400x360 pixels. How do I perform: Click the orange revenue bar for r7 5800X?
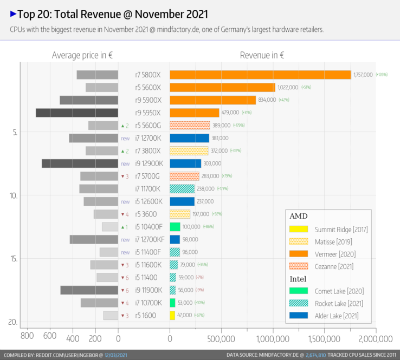pos(260,75)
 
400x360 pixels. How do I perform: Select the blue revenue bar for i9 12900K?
pos(185,163)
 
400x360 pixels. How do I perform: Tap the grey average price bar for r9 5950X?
pos(77,113)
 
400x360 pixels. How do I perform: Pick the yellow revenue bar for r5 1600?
pos(172,316)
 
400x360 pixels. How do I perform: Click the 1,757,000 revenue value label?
pos(363,75)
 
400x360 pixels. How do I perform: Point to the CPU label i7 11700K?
pos(148,189)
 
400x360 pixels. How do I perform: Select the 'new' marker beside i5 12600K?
pos(125,201)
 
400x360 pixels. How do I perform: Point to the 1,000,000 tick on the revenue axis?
pos(273,339)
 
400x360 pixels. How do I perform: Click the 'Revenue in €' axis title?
pos(262,55)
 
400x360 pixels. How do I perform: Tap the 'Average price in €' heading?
pos(82,55)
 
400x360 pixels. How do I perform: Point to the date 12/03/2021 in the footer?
pos(118,355)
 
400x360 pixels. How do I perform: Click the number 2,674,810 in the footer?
pos(315,355)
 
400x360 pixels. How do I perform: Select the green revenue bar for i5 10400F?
pos(175,227)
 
